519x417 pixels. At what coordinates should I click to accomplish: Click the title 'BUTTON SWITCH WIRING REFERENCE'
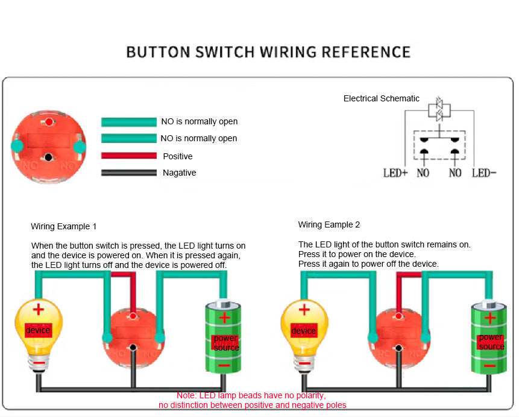(268, 52)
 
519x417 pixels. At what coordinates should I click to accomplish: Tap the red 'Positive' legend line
(128, 156)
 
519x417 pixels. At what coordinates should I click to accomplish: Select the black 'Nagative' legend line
(128, 173)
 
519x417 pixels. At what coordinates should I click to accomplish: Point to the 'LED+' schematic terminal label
(395, 173)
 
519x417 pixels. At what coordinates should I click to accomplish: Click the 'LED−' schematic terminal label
(484, 173)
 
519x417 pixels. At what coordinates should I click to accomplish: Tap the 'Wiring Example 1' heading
(63, 226)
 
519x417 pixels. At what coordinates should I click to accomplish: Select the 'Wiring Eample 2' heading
(329, 224)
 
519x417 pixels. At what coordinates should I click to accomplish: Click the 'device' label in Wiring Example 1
(37, 331)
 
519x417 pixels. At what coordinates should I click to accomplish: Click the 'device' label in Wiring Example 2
(303, 331)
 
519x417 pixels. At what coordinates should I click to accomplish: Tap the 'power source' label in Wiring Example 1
(226, 343)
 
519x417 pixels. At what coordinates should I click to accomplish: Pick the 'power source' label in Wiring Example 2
(491, 342)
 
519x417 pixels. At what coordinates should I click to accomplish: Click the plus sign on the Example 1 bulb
(38, 310)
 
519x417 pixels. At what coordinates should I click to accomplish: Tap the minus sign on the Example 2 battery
(490, 366)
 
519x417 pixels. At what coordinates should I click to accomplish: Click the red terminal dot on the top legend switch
(48, 123)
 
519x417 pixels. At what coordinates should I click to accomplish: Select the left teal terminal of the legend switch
(17, 145)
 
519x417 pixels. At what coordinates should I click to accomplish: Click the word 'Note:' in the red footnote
(187, 395)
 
